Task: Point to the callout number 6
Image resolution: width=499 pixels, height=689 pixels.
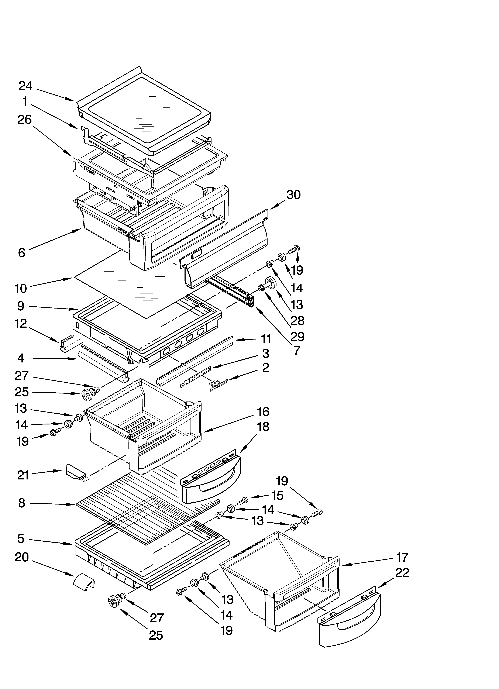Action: coord(22,252)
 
